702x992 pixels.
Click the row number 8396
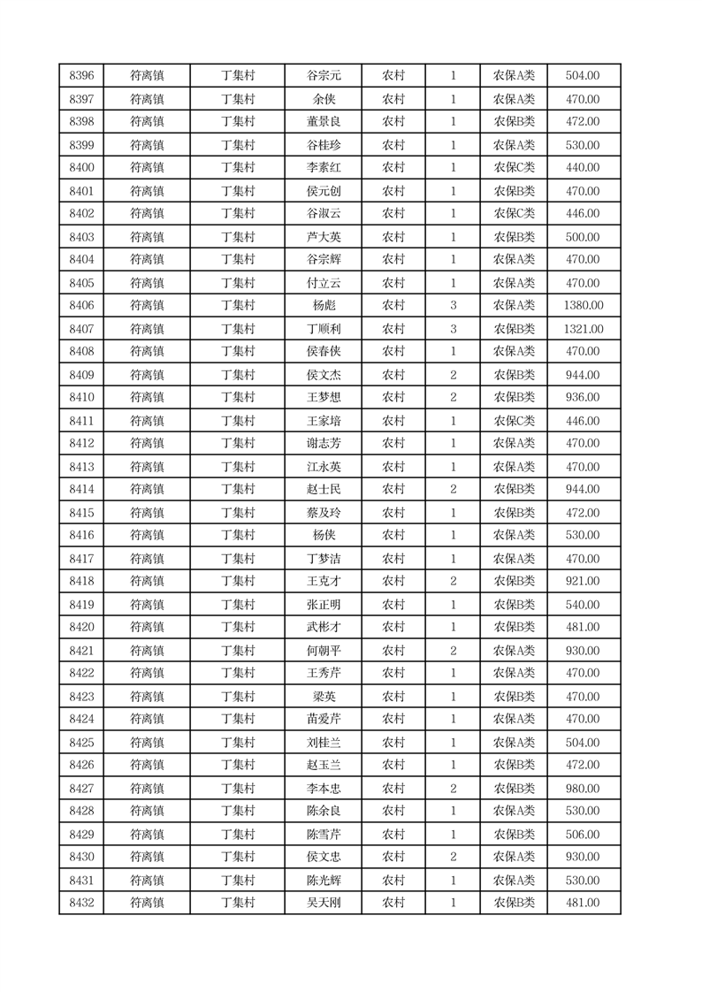(x=81, y=76)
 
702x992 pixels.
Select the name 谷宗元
(x=324, y=76)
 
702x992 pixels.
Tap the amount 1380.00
(x=583, y=306)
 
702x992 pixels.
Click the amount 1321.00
(x=583, y=329)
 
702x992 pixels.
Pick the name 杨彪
(x=324, y=306)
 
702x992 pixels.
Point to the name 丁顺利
(x=324, y=329)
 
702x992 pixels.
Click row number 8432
(x=81, y=903)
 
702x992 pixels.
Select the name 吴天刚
(x=324, y=903)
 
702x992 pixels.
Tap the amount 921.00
(x=583, y=581)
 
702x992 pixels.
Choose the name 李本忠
(x=324, y=789)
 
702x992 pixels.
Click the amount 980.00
(x=583, y=789)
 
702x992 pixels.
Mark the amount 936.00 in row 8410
(x=583, y=397)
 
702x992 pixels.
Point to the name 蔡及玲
(x=324, y=513)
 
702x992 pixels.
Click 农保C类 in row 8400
(x=514, y=168)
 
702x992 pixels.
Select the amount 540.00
(x=583, y=605)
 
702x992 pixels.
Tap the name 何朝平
(x=324, y=651)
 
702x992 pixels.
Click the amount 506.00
(x=583, y=835)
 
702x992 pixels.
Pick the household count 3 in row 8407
(x=454, y=329)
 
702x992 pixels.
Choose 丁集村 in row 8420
(x=237, y=627)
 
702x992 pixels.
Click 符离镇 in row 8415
(x=147, y=513)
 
